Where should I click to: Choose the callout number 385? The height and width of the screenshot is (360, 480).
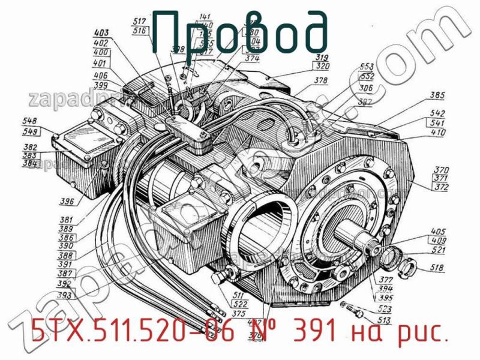(437, 95)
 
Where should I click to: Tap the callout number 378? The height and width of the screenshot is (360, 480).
(321, 80)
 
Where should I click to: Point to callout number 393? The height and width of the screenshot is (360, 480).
(64, 295)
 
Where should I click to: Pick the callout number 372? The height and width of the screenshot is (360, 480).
(443, 187)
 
